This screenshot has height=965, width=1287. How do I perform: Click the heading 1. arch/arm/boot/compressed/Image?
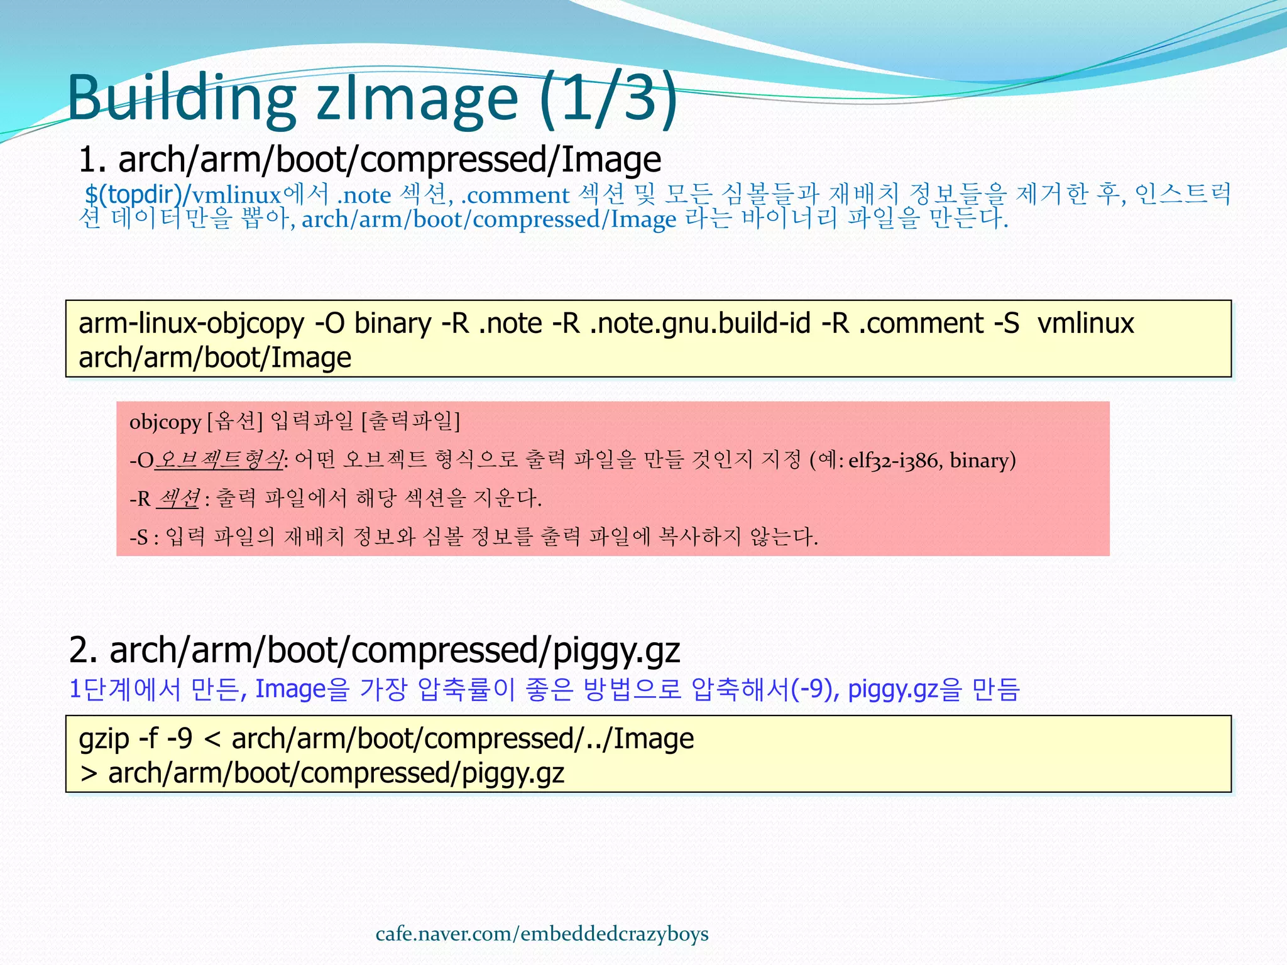click(370, 159)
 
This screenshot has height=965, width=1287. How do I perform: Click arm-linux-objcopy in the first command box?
click(191, 324)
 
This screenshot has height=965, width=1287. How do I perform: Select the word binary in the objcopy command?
click(392, 324)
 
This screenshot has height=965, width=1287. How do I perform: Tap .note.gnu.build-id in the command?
click(699, 324)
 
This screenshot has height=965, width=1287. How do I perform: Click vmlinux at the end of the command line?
click(1085, 324)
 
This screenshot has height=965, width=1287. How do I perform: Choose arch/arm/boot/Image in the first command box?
click(214, 358)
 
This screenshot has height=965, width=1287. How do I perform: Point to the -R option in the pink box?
click(140, 499)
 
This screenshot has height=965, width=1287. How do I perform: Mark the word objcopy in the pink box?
click(165, 422)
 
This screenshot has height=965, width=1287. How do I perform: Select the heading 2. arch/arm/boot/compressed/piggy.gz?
click(374, 650)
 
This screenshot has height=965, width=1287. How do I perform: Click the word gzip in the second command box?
click(104, 739)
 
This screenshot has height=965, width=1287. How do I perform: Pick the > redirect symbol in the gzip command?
click(89, 773)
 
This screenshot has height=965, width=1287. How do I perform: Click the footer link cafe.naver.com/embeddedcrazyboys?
click(542, 934)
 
